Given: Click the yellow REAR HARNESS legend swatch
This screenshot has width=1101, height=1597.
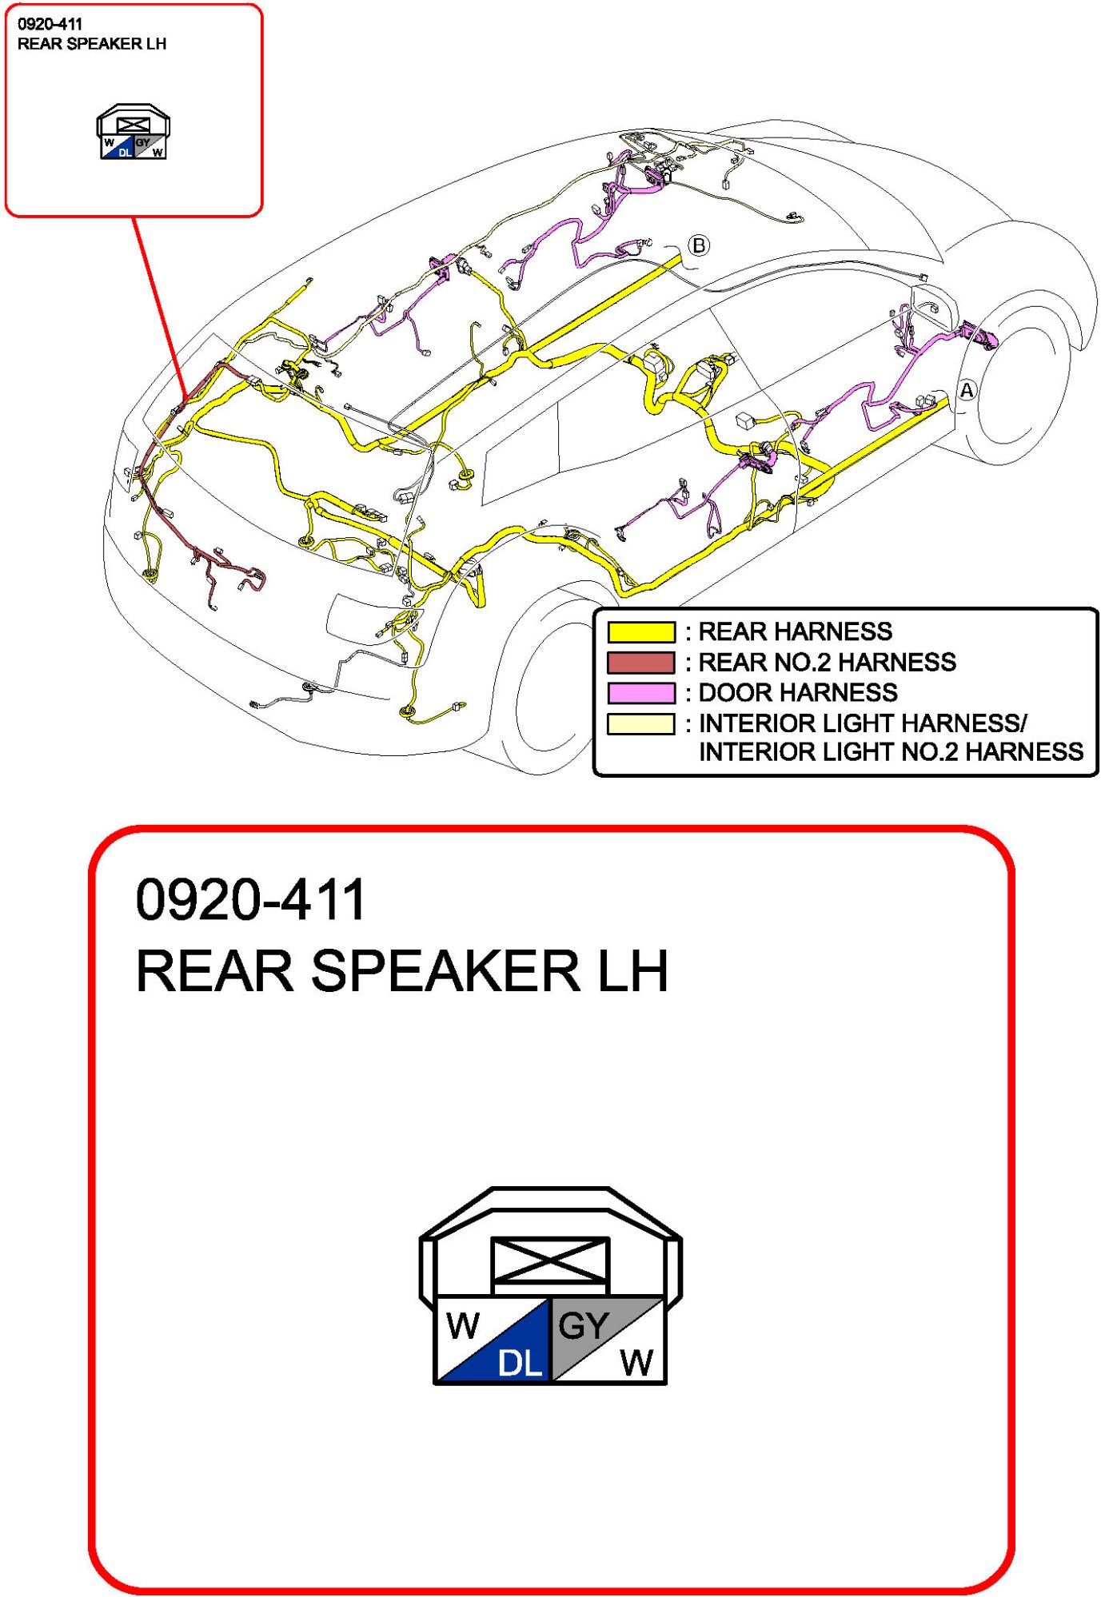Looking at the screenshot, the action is click(x=640, y=632).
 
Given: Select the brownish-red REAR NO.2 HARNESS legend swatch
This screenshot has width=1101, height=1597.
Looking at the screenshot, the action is click(x=640, y=663).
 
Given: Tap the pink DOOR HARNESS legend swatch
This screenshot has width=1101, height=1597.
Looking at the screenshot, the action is click(x=640, y=693).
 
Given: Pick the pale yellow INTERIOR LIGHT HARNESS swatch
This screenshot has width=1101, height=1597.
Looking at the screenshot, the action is click(x=640, y=724).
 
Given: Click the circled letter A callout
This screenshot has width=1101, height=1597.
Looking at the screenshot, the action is click(x=967, y=391).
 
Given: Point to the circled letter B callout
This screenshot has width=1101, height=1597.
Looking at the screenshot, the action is click(x=699, y=245).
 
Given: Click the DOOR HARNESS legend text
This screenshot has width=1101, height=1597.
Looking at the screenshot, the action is click(x=797, y=693).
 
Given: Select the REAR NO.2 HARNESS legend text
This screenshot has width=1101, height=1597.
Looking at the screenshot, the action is click(x=827, y=663).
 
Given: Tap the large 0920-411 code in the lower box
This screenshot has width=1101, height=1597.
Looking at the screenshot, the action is click(x=250, y=900).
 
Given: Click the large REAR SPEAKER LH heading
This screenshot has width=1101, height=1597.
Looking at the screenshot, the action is click(x=401, y=972).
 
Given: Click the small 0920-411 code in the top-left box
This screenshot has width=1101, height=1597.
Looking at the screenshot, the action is click(x=50, y=25).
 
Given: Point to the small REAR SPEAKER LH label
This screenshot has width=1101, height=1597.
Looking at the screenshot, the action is click(x=92, y=44).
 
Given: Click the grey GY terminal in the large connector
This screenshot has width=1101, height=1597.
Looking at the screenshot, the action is click(x=584, y=1327).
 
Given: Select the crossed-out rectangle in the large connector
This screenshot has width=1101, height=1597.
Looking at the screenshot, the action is click(x=550, y=1263).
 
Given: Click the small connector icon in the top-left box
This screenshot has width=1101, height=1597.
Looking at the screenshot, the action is click(x=133, y=132).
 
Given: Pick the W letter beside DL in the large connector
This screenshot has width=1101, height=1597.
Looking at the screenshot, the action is click(x=463, y=1327).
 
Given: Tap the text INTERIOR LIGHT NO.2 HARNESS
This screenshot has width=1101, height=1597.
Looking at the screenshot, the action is click(x=891, y=752).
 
